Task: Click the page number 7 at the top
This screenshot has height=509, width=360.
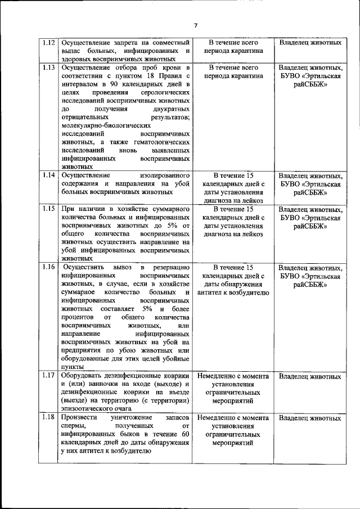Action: [196, 25]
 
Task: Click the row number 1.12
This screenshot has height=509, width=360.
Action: [49, 42]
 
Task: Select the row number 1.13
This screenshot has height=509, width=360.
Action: [49, 67]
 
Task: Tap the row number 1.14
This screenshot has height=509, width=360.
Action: [49, 175]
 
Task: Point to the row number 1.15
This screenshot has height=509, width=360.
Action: [49, 208]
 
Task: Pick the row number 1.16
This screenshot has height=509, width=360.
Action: [49, 267]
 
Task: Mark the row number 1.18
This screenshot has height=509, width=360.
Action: [49, 418]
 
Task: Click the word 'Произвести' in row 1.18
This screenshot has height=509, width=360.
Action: [80, 418]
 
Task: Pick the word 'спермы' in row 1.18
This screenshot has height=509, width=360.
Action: [74, 426]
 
